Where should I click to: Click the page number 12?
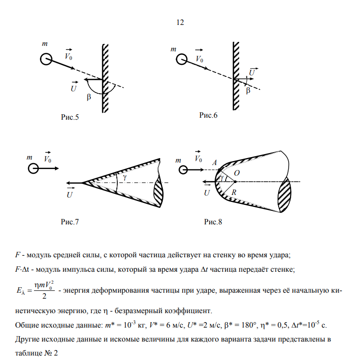[x=180, y=23]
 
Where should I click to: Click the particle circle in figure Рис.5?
[x=46, y=59]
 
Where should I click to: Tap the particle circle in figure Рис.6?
[x=181, y=60]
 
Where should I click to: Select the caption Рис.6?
[x=209, y=115]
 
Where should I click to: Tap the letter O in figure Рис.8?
[x=237, y=172]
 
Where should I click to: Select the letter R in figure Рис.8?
[x=233, y=191]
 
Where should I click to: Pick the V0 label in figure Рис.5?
[x=69, y=56]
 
